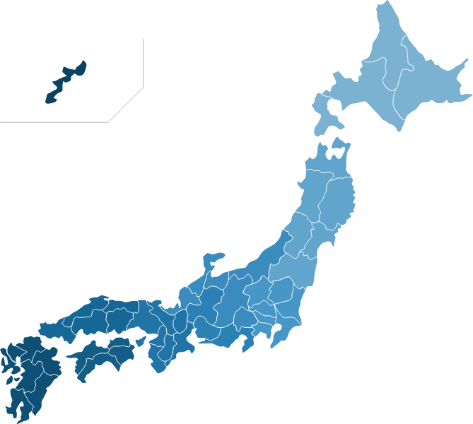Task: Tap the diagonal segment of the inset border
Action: point(126,105)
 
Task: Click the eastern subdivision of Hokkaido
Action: point(431,88)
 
